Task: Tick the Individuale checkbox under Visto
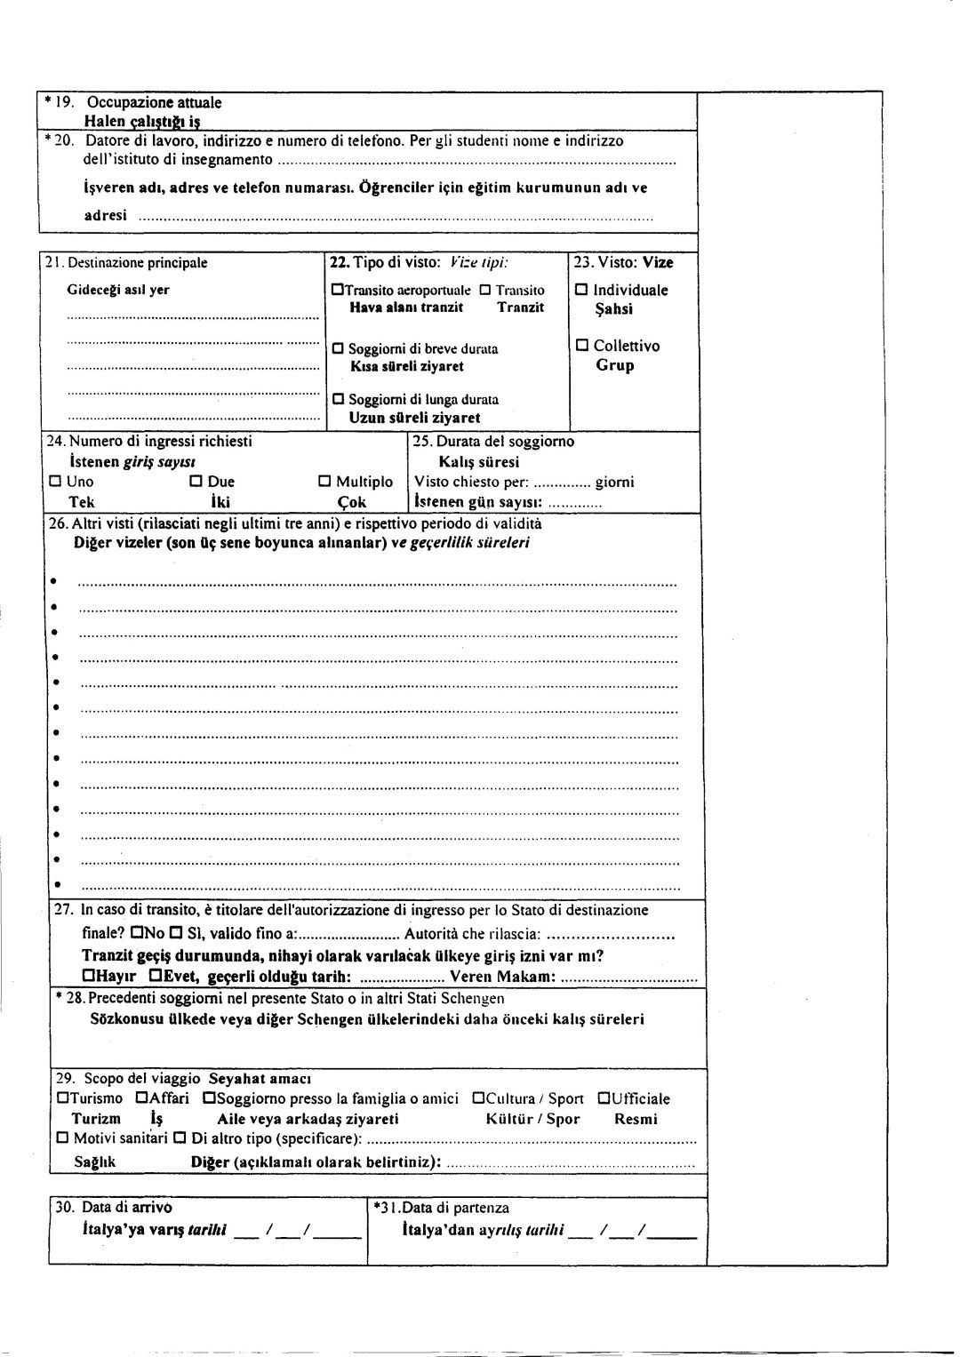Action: click(x=581, y=291)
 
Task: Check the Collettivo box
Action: click(x=581, y=346)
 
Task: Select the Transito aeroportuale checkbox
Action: click(x=337, y=291)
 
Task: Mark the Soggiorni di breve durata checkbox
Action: click(x=338, y=348)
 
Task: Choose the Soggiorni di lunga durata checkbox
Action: click(x=338, y=399)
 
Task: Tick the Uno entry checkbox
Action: click(x=55, y=482)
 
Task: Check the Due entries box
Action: click(x=196, y=482)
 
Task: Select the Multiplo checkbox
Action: click(x=324, y=482)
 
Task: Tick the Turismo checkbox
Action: click(x=62, y=1098)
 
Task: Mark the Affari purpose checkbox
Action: click(x=141, y=1098)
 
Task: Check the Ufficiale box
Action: click(x=604, y=1098)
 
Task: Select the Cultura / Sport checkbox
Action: click(x=478, y=1098)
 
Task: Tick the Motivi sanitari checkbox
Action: click(x=62, y=1138)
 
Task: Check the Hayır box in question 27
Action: click(x=88, y=977)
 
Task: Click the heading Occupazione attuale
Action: click(x=154, y=102)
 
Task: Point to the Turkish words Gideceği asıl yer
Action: click(x=118, y=290)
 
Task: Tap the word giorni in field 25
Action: click(x=614, y=483)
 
